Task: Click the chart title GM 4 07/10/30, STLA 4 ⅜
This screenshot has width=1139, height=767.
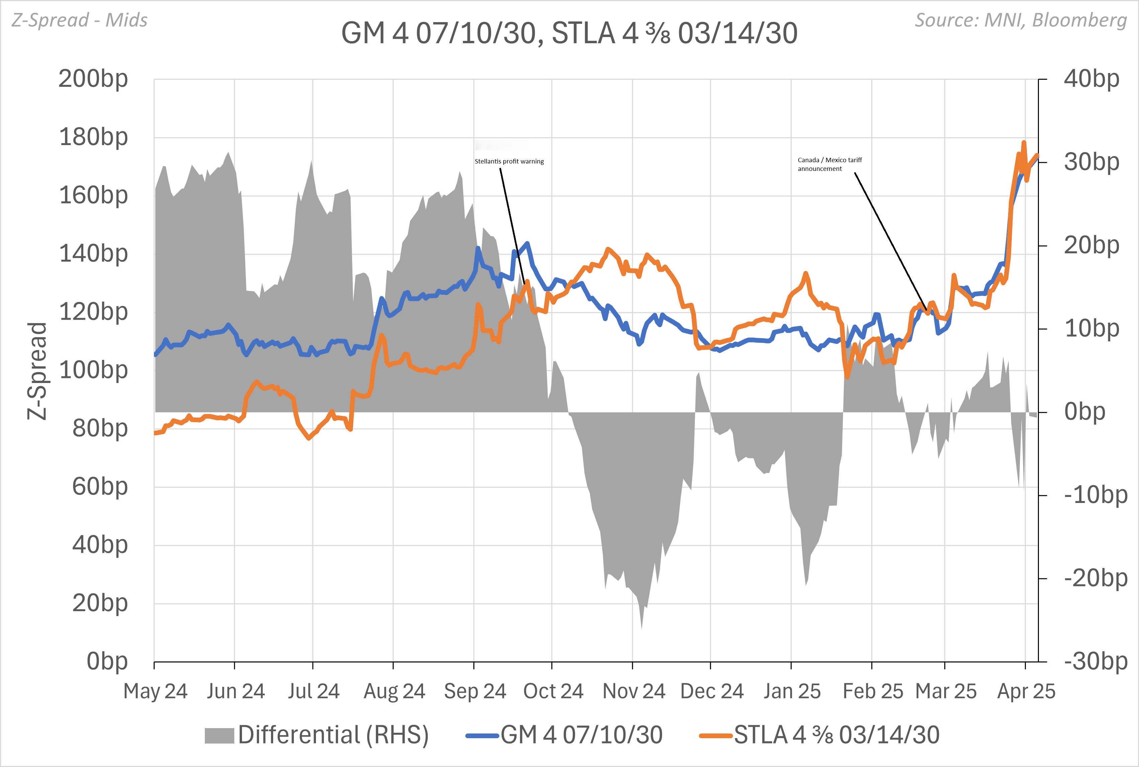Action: pyautogui.click(x=569, y=33)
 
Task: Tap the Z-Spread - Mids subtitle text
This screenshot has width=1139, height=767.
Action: pyautogui.click(x=80, y=20)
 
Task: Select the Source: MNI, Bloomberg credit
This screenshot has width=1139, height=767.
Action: pyautogui.click(x=1020, y=20)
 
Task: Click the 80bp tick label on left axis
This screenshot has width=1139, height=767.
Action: pyautogui.click(x=100, y=429)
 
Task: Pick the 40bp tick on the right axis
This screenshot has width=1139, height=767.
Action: pyautogui.click(x=1091, y=78)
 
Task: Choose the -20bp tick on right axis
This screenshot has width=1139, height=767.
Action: pyautogui.click(x=1095, y=578)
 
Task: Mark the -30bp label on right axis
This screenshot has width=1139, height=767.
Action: pyautogui.click(x=1095, y=661)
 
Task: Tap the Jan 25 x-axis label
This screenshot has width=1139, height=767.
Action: pyautogui.click(x=792, y=691)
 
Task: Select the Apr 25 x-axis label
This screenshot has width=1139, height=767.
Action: pyautogui.click(x=1026, y=691)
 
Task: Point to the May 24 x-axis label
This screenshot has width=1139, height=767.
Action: pyautogui.click(x=155, y=691)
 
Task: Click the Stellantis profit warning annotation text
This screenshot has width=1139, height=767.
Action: pyautogui.click(x=509, y=162)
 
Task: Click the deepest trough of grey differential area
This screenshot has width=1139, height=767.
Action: pyautogui.click(x=642, y=627)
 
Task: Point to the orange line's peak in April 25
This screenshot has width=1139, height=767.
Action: pyautogui.click(x=1024, y=143)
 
